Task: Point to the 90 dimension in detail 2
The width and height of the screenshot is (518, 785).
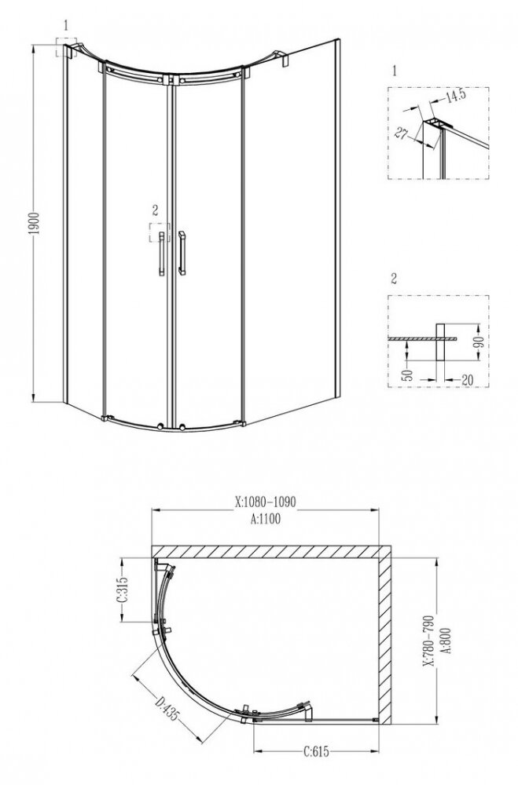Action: click(x=479, y=342)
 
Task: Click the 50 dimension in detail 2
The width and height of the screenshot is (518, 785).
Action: click(x=409, y=374)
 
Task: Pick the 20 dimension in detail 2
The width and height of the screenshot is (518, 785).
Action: click(x=467, y=380)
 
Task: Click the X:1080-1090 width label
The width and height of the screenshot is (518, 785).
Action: click(x=265, y=502)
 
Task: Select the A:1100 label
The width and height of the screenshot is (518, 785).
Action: click(x=265, y=519)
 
